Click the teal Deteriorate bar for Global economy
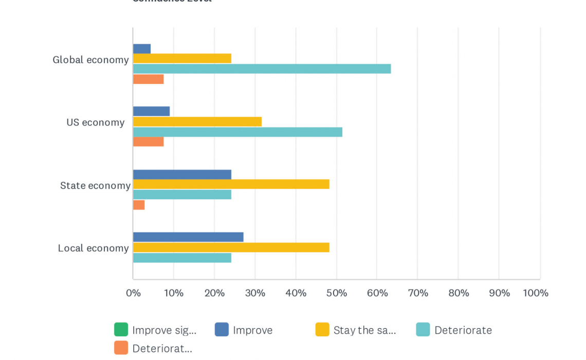tap(262, 69)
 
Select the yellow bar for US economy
tap(197, 122)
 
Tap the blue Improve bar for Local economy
tap(188, 237)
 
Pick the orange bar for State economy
tap(139, 205)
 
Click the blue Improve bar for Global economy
tap(142, 49)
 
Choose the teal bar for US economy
tap(237, 132)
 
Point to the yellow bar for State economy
tap(231, 184)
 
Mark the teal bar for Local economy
tap(182, 258)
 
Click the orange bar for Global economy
tap(149, 79)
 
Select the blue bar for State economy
tap(182, 174)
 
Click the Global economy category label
tap(90, 60)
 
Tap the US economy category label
tap(96, 122)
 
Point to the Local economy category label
tap(93, 248)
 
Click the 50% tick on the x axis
tap(336, 293)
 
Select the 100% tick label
tap(536, 293)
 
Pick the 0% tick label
tap(133, 293)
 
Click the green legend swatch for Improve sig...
tap(121, 330)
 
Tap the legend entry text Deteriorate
tap(463, 330)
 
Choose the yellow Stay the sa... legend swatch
tap(322, 330)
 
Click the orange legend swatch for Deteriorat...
tap(121, 348)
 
